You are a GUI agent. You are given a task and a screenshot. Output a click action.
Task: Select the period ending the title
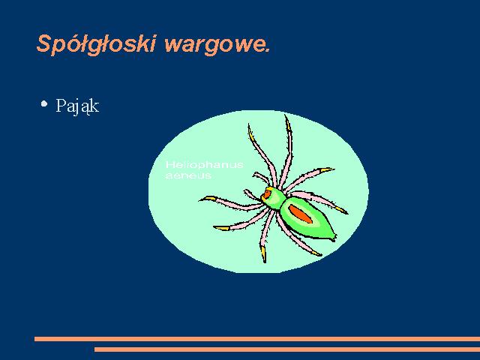pyautogui.click(x=268, y=50)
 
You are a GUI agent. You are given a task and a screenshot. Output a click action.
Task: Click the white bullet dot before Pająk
pyautogui.click(x=44, y=103)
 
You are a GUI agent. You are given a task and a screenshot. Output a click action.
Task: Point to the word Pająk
pyautogui.click(x=77, y=106)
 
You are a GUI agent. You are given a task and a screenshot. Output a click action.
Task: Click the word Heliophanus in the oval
pyautogui.click(x=204, y=165)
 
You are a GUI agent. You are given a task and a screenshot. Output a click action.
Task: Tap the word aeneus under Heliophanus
pyautogui.click(x=188, y=175)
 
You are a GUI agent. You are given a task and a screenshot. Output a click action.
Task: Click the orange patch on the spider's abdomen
pyautogui.click(x=300, y=214)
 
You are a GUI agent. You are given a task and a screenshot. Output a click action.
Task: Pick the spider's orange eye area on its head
pyautogui.click(x=267, y=194)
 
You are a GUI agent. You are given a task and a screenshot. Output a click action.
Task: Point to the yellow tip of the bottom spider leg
pyautogui.click(x=263, y=253)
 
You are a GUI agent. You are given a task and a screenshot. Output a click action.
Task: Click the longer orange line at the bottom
pyautogui.click(x=257, y=339)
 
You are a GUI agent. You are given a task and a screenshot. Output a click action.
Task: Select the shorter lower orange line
pyautogui.click(x=287, y=349)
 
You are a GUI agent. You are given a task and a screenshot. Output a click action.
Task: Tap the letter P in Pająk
pyautogui.click(x=61, y=105)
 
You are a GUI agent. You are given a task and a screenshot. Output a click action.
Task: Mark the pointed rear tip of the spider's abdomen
pyautogui.click(x=334, y=238)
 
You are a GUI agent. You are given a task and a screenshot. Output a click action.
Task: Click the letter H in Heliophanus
pyautogui.click(x=169, y=165)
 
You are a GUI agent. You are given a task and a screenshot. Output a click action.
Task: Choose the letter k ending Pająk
pyautogui.click(x=95, y=106)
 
